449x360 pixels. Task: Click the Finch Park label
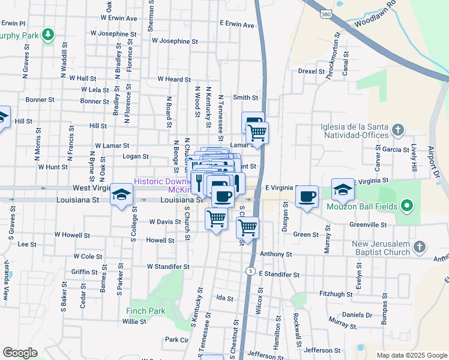click(146, 311)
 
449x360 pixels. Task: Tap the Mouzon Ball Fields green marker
click(408, 207)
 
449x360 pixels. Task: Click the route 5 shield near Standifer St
click(249, 271)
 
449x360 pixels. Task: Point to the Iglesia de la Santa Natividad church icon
click(397, 130)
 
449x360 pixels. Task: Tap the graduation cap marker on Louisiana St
click(121, 194)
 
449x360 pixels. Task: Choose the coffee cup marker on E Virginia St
click(307, 196)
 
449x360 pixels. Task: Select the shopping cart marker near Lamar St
click(257, 133)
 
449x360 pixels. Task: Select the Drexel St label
click(311, 71)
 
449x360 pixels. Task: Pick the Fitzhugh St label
click(336, 294)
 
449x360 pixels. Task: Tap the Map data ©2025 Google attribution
click(411, 355)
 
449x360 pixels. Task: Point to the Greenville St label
click(369, 225)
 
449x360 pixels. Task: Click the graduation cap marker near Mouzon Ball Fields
click(343, 190)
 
